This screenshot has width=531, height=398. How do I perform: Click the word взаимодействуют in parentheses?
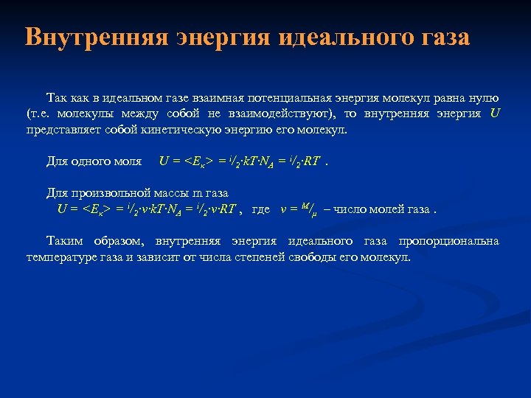click(x=284, y=114)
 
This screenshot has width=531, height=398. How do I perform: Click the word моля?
click(x=128, y=161)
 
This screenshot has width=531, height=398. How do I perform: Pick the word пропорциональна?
click(x=448, y=241)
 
